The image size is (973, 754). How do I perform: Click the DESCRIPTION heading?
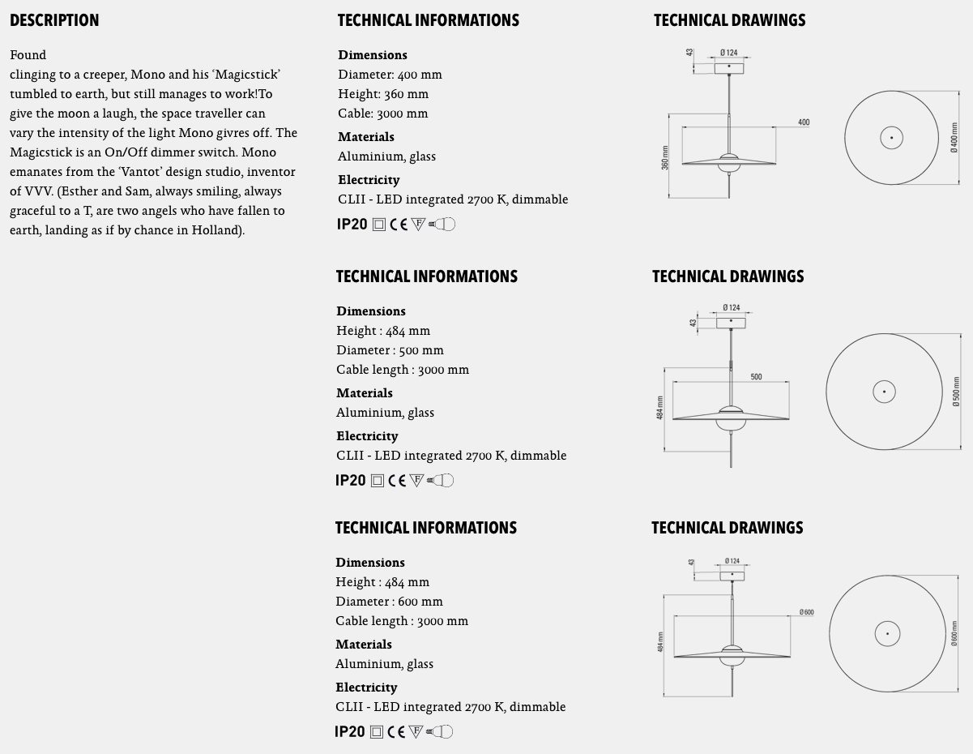(54, 20)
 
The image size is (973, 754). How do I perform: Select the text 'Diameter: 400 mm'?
(390, 75)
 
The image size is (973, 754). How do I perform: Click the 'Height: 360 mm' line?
(383, 94)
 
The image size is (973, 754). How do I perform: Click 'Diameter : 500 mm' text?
(390, 350)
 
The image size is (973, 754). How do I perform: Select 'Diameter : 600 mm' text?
(389, 602)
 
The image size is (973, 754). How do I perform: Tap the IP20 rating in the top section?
(352, 225)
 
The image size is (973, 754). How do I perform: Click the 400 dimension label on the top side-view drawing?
(803, 122)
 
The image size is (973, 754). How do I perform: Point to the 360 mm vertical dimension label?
(665, 158)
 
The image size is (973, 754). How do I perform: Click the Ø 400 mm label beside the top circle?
(954, 138)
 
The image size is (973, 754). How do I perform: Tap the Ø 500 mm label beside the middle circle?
(956, 392)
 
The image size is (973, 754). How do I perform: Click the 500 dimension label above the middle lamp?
(756, 377)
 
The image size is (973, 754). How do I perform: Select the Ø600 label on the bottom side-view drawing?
(806, 612)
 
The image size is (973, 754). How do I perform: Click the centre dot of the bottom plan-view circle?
(887, 634)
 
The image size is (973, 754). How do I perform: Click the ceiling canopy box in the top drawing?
(729, 68)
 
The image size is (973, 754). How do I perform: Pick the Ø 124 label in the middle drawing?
(731, 308)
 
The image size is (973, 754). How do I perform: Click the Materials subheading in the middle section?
(365, 393)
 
